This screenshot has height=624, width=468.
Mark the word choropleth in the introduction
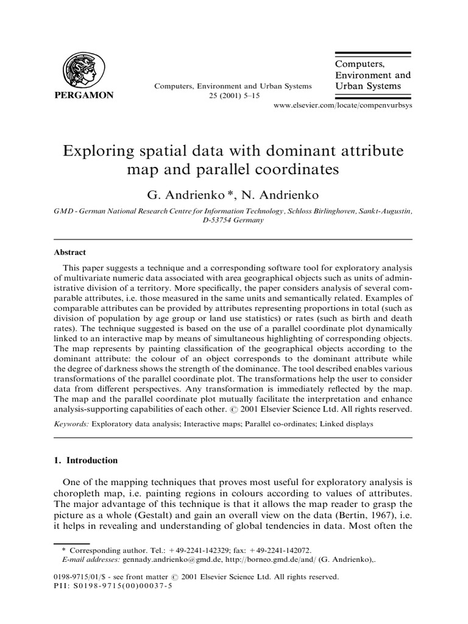pos(82,491)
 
